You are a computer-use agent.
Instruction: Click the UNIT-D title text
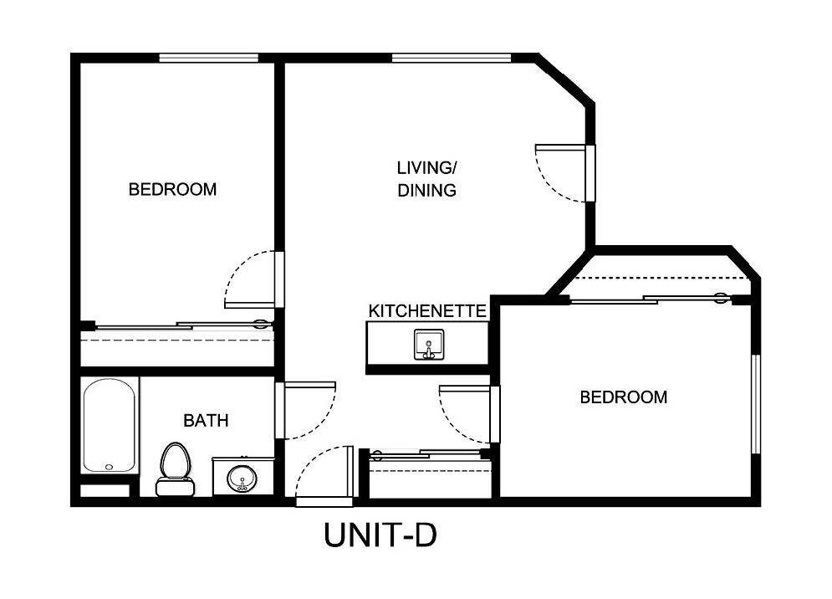(x=380, y=536)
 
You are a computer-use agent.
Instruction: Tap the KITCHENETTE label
(x=427, y=311)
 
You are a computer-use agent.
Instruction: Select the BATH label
(x=206, y=421)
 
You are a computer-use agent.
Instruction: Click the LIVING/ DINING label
(x=426, y=179)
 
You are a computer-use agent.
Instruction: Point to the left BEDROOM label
(x=172, y=189)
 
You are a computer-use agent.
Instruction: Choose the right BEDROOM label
(x=624, y=397)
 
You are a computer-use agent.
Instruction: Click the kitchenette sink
(x=428, y=345)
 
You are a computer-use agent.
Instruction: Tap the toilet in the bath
(x=175, y=469)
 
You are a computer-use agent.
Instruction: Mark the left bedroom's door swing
(x=252, y=280)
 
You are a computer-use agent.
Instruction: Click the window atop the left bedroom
(x=208, y=58)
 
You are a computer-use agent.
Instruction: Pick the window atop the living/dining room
(x=451, y=58)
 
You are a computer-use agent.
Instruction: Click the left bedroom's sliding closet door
(x=180, y=326)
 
